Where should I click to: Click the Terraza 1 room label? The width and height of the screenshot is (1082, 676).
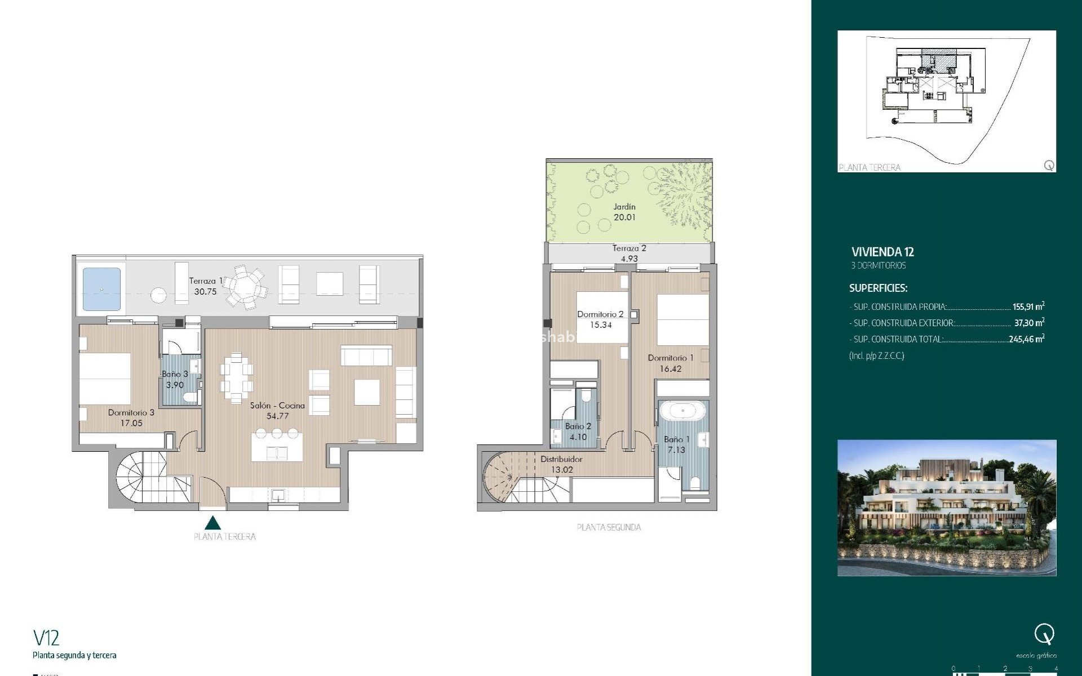(206, 281)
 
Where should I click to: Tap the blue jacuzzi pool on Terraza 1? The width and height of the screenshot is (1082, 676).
(102, 289)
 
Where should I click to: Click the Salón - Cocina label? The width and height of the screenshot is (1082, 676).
(277, 405)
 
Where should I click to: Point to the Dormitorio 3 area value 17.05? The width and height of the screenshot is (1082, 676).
(131, 423)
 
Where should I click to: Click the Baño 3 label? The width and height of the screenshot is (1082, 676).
(175, 374)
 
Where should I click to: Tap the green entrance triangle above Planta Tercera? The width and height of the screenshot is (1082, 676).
(212, 523)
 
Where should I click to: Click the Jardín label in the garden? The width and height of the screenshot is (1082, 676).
(624, 207)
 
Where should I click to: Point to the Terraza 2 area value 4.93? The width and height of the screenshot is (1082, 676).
(629, 259)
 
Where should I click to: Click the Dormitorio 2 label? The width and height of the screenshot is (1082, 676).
(600, 314)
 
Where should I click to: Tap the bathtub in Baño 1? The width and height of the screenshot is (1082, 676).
(682, 411)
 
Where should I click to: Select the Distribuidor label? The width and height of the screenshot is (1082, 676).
(561, 459)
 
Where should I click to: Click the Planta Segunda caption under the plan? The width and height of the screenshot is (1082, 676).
(609, 528)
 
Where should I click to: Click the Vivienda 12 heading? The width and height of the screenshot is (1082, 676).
(883, 252)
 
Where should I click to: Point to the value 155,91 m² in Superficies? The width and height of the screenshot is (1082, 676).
(1028, 307)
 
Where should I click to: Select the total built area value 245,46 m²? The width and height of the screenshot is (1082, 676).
(1027, 339)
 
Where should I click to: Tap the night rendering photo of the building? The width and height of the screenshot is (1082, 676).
(947, 508)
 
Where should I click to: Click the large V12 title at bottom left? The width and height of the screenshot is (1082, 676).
(46, 638)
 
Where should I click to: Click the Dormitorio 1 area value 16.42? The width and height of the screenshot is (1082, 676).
(671, 369)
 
